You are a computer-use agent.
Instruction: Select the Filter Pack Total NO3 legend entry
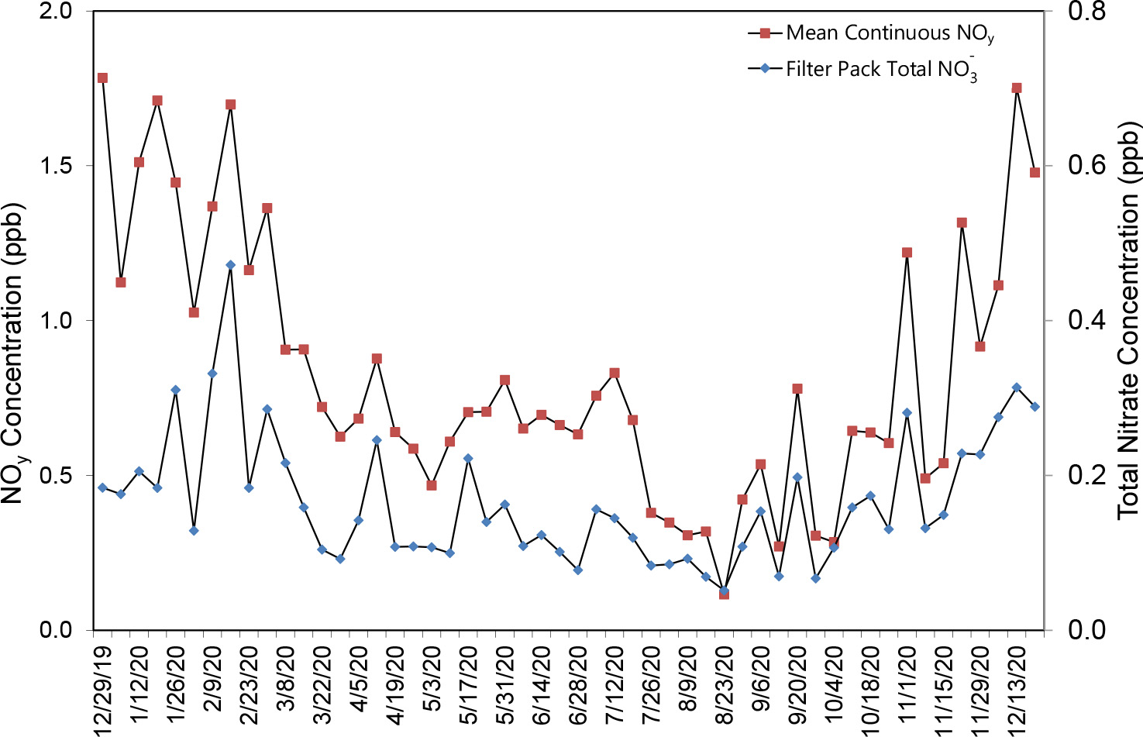[x=880, y=70]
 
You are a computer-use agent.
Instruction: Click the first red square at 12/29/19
[x=102, y=77]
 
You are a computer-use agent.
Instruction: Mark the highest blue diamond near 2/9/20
[x=230, y=265]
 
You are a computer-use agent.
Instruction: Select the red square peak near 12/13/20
[x=1017, y=88]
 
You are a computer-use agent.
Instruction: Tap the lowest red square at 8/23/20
[x=724, y=594]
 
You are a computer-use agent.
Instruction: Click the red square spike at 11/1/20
[x=907, y=253]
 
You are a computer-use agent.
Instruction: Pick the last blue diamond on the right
[x=1035, y=406]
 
